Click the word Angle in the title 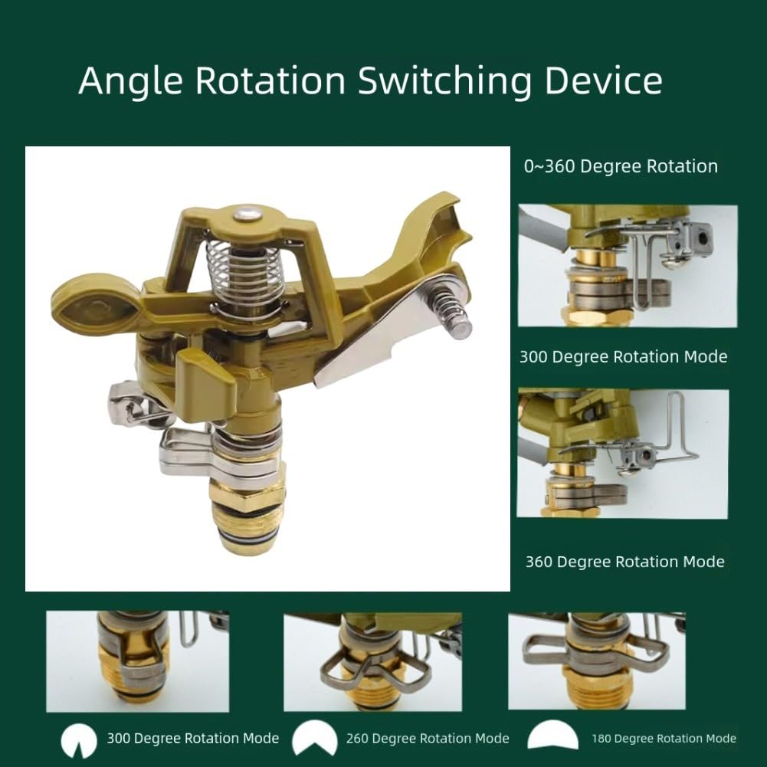tap(130, 81)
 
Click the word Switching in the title tap(444, 81)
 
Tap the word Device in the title tap(604, 80)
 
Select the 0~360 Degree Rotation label tap(621, 166)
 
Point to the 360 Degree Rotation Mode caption tap(624, 562)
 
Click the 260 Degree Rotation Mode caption tap(428, 738)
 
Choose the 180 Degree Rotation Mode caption tap(664, 738)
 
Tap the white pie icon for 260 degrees tap(314, 738)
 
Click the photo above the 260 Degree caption tap(372, 662)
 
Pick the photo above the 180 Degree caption tap(597, 660)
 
